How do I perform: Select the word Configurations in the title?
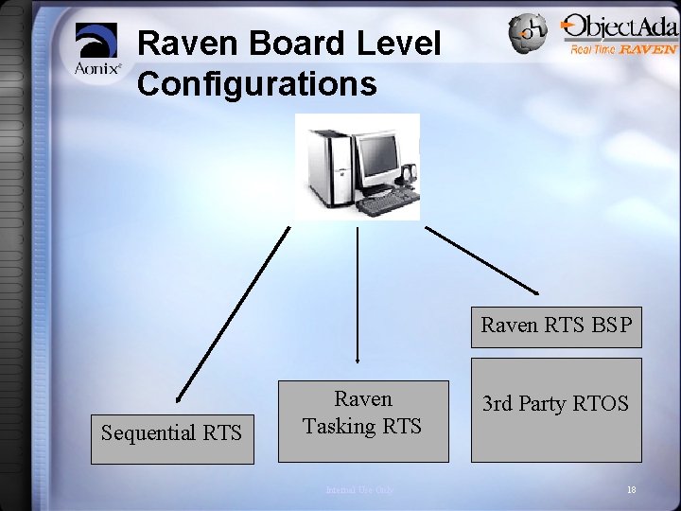[257, 83]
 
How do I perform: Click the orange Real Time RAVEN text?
[622, 49]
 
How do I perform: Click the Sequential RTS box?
[172, 433]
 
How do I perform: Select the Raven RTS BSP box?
[556, 326]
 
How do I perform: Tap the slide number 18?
[631, 489]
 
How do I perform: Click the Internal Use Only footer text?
[358, 490]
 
